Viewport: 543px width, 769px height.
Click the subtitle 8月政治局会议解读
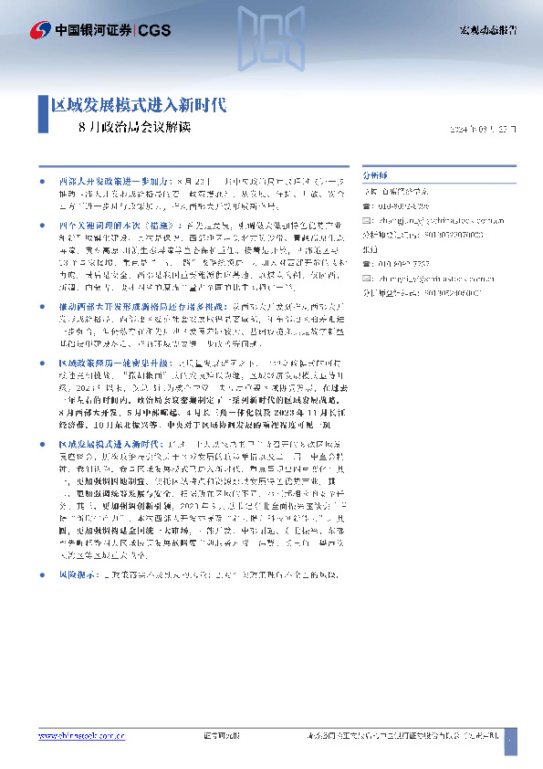(x=135, y=127)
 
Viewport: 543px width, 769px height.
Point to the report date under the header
(x=484, y=128)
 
